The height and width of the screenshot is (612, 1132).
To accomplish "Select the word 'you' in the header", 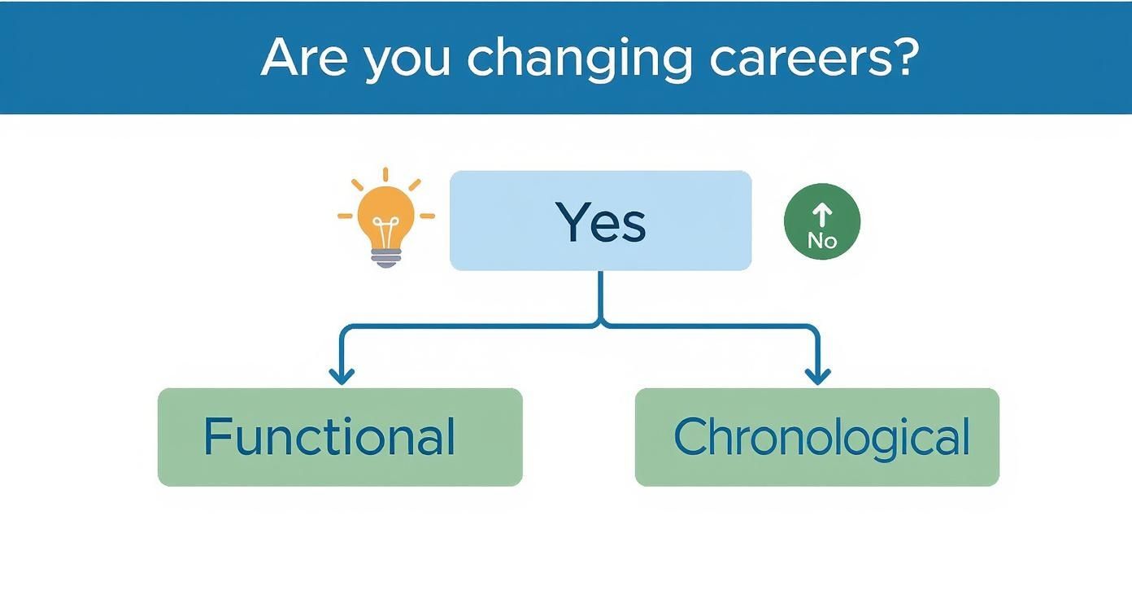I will [406, 62].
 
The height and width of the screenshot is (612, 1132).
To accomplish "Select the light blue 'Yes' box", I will [600, 221].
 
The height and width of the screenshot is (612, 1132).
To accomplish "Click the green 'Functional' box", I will [340, 437].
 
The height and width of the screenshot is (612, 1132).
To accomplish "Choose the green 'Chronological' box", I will [816, 437].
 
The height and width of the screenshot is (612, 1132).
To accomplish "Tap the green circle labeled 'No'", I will [821, 221].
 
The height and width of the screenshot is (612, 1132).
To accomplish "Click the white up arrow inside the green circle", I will [822, 215].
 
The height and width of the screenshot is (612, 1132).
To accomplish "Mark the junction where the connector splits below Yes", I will [600, 325].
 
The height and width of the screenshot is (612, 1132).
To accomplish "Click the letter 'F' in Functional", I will [216, 437].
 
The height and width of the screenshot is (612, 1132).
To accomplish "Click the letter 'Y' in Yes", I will [571, 221].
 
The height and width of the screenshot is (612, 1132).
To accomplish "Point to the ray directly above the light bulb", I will [385, 175].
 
